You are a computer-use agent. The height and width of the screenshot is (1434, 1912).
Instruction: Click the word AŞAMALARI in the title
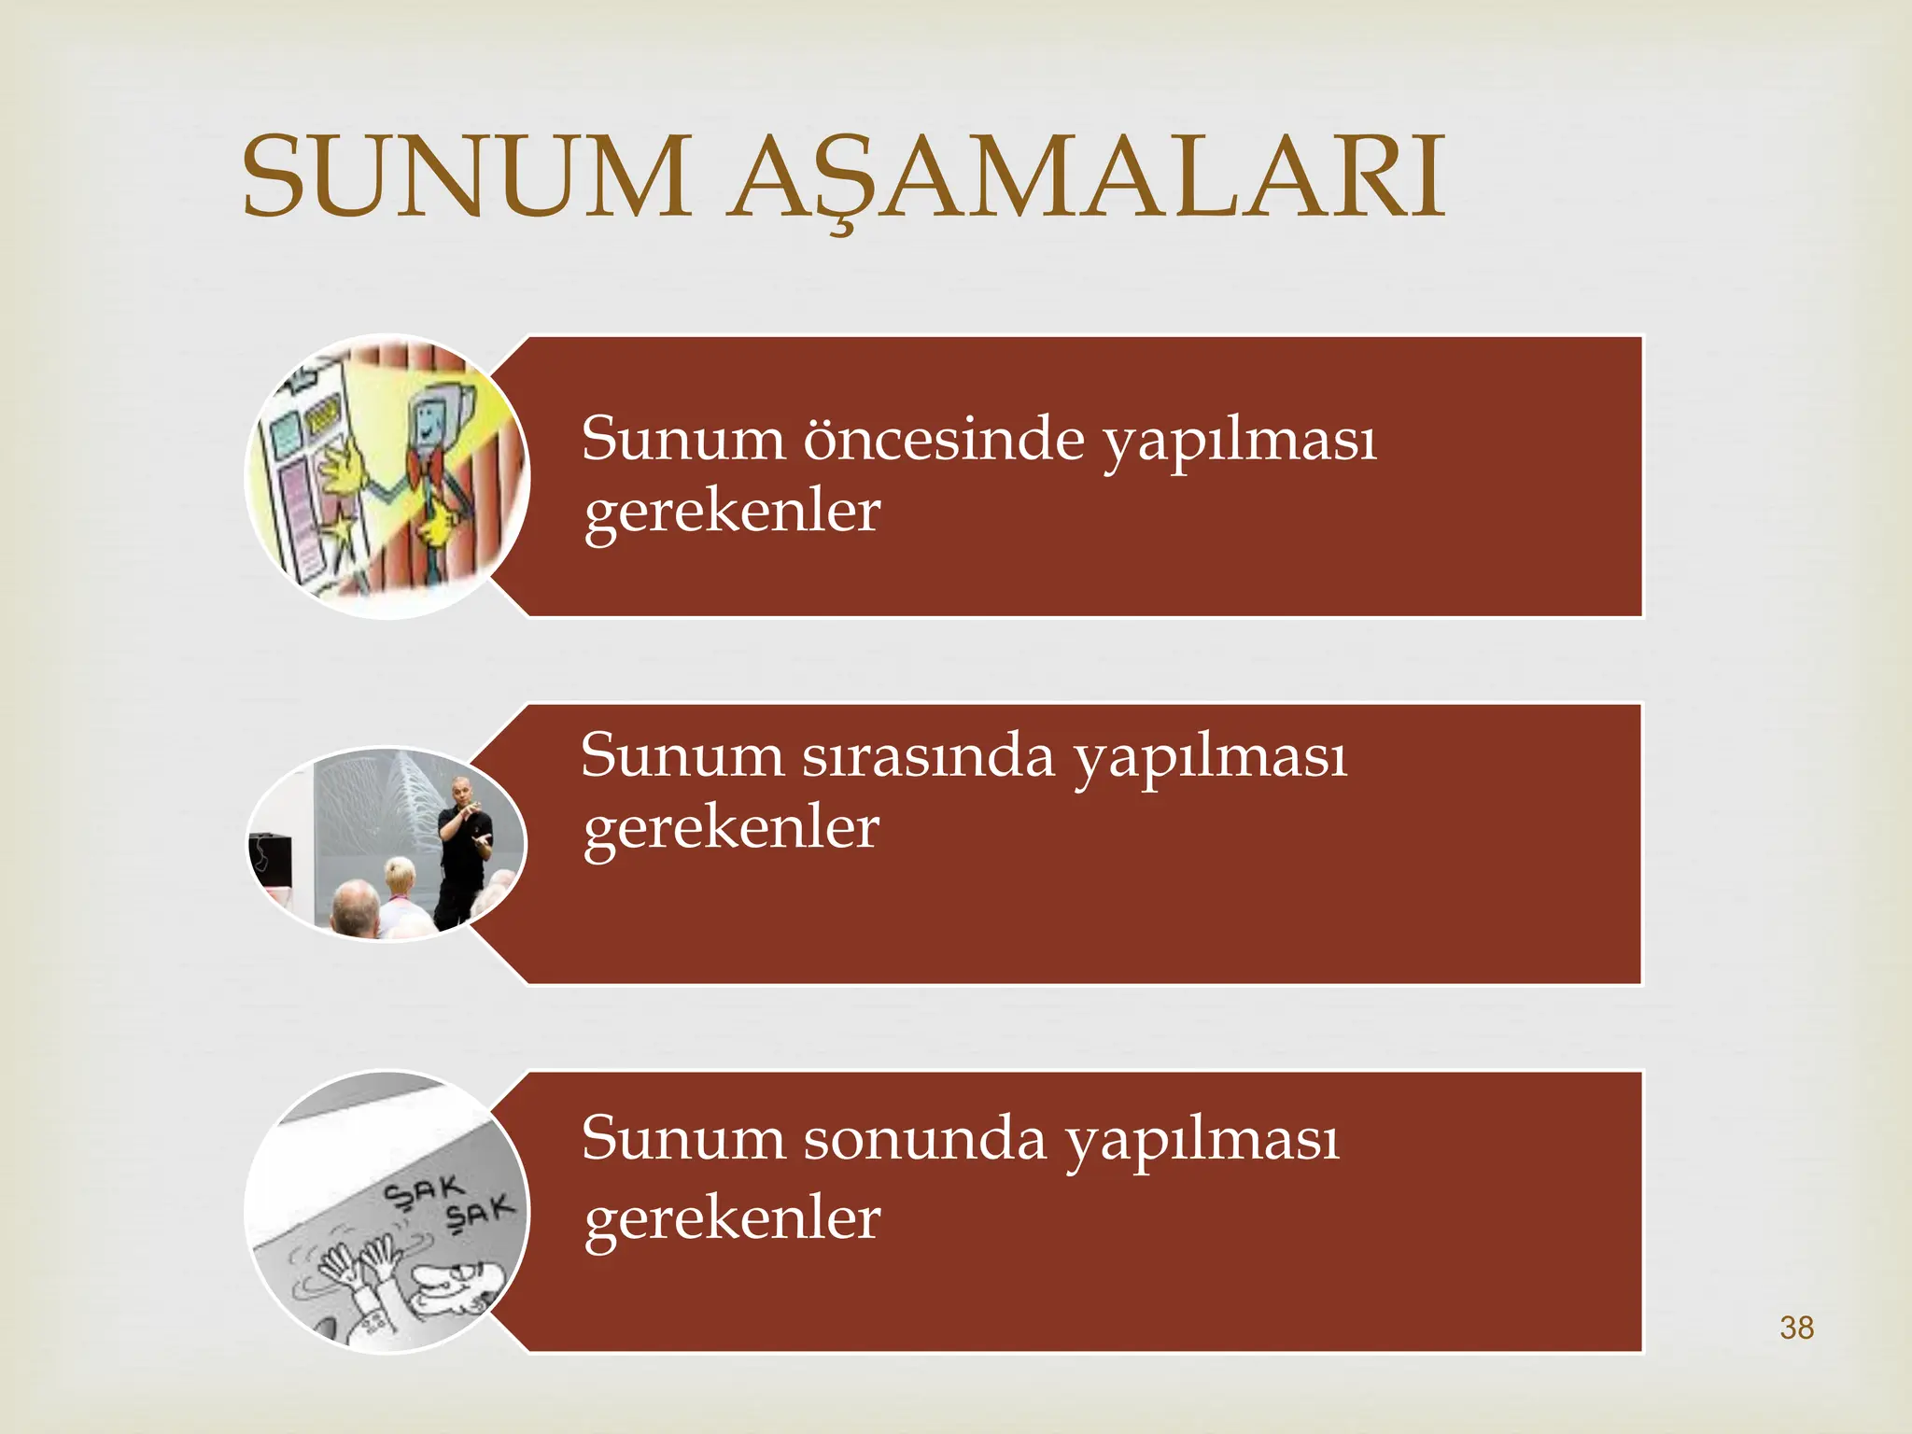(x=1088, y=177)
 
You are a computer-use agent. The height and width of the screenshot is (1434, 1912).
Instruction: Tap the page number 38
(x=1796, y=1328)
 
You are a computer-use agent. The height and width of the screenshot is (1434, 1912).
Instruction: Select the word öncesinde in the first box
(x=943, y=439)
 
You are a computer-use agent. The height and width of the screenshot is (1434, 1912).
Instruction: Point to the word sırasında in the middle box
(x=928, y=756)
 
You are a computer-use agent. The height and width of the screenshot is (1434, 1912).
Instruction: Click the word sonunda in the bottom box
(x=925, y=1139)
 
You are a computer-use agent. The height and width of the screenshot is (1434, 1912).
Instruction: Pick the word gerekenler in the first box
(x=732, y=512)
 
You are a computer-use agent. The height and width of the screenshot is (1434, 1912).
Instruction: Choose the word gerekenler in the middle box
(x=731, y=828)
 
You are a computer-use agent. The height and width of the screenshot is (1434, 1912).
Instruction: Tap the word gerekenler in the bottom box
(x=732, y=1218)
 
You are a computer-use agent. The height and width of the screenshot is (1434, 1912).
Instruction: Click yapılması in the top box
(x=1239, y=443)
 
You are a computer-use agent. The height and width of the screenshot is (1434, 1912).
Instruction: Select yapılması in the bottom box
(x=1202, y=1143)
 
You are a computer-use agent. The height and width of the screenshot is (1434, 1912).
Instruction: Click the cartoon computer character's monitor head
(x=432, y=419)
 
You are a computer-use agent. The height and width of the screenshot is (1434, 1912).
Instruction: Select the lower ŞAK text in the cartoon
(x=479, y=1213)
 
